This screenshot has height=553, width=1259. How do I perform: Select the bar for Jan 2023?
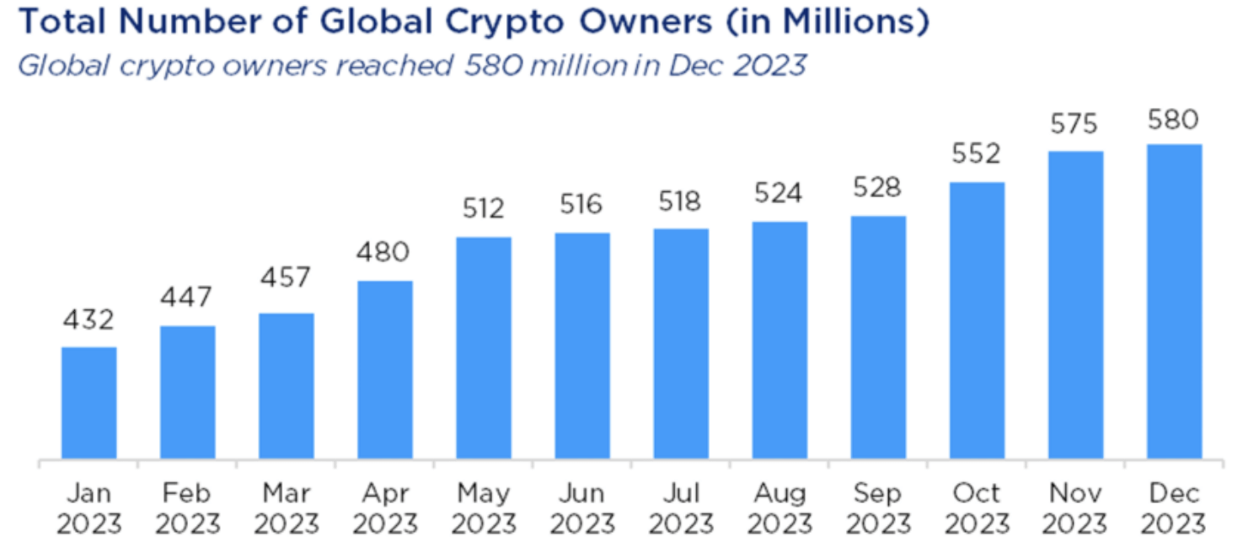pos(89,403)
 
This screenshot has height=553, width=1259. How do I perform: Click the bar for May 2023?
pos(484,348)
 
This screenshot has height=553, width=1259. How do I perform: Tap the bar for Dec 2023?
pos(1174,302)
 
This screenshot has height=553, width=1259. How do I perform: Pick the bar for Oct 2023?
pos(977,321)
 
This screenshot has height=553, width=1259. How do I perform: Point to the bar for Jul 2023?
pos(681,344)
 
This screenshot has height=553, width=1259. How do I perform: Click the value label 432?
pos(88,320)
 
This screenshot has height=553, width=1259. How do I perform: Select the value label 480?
pos(385,252)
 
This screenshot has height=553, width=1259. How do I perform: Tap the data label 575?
pos(1074,125)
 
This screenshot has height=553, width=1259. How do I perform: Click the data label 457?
pos(286,276)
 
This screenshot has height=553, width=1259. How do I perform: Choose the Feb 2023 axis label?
pos(188,508)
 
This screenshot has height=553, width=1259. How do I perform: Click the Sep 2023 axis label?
pos(878,508)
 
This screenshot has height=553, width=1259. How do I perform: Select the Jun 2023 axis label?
pos(582,508)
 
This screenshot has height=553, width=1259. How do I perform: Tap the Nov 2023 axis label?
pos(1075,508)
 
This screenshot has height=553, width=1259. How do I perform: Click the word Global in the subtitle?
pos(62,65)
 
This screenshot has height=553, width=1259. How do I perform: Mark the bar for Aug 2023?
pos(780,341)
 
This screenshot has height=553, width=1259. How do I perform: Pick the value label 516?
pos(582,205)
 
